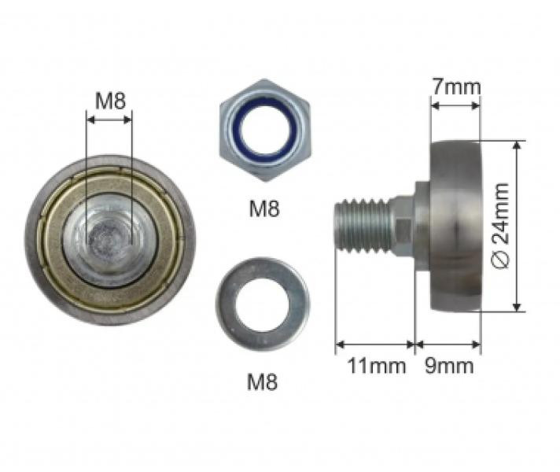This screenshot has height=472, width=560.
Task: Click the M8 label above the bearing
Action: pos(110,101)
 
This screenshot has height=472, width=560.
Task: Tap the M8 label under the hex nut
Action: pos(264,208)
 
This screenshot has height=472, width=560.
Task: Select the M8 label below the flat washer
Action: pos(262,382)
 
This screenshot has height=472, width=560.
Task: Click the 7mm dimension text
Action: pos(457,87)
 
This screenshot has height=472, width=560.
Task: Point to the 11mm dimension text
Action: pos(377,366)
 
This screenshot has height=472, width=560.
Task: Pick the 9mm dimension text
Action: pos(449,366)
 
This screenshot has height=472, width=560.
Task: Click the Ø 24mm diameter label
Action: pos(500,226)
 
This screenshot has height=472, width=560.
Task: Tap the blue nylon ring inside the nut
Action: pos(265,131)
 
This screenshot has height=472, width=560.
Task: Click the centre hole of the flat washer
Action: pos(262,304)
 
